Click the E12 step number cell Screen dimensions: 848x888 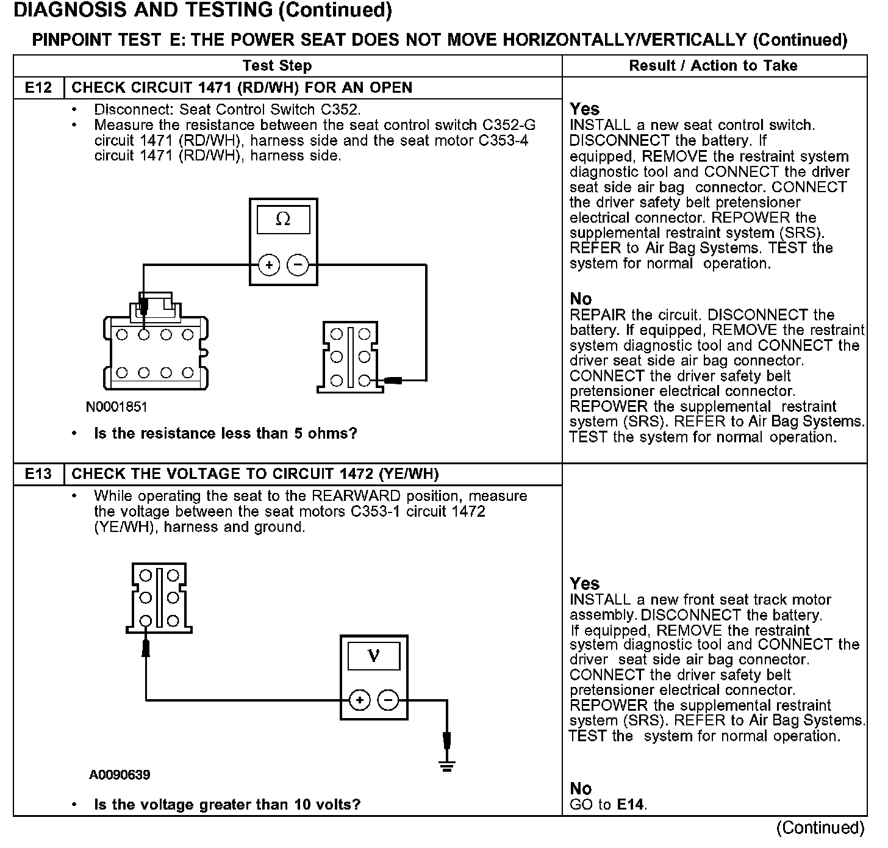(38, 87)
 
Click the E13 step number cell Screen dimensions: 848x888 (38, 474)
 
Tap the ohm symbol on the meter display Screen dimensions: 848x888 (283, 220)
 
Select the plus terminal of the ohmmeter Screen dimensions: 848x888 (269, 265)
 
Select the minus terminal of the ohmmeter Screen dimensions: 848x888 (298, 265)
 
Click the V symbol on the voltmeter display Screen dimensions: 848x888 (374, 656)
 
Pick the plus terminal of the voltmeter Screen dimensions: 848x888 (359, 700)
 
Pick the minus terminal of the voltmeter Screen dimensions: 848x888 (389, 700)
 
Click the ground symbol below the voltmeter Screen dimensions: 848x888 (447, 766)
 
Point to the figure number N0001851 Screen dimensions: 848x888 (116, 407)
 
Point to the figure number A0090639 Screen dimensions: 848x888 (120, 775)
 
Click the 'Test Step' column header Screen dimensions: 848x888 (277, 65)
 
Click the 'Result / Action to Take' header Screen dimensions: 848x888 (713, 65)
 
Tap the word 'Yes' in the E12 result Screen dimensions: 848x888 (584, 109)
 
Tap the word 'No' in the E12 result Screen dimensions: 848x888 (581, 299)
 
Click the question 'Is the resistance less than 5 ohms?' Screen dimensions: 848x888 (225, 434)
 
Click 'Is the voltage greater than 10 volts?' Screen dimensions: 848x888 (227, 805)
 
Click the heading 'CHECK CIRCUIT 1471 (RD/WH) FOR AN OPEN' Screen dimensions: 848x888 (242, 87)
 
